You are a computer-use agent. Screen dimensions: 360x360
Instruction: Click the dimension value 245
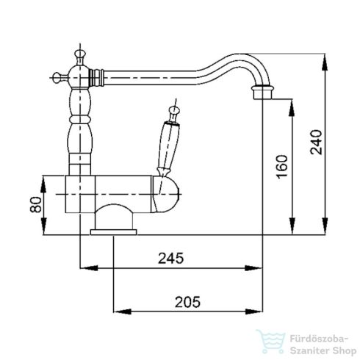point(170,258)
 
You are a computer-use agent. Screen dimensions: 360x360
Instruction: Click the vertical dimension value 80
point(33,204)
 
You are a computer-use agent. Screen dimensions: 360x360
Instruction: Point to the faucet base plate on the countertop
point(113,232)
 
